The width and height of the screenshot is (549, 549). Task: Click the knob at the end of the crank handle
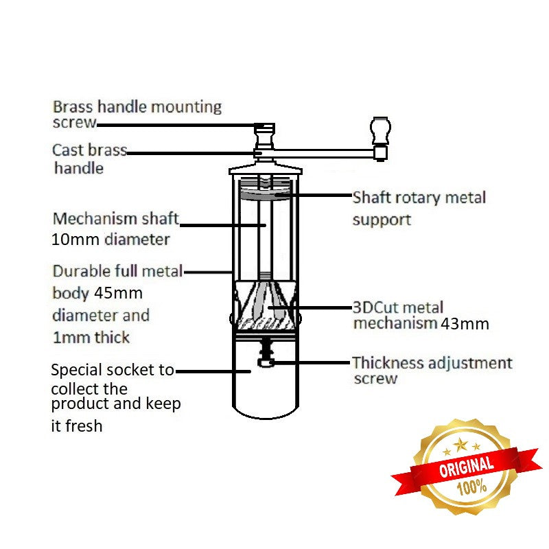[379, 130]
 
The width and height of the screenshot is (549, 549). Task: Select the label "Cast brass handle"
[80, 159]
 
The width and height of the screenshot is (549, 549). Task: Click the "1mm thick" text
[91, 337]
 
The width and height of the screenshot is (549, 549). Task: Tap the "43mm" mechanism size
[465, 323]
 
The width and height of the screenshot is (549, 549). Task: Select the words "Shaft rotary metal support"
[419, 208]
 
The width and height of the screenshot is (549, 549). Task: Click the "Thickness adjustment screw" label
[432, 370]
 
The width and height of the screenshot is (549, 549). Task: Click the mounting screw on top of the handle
[264, 128]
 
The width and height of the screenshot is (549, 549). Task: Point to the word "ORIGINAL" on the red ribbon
[467, 466]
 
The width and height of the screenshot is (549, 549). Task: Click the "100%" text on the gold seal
[471, 488]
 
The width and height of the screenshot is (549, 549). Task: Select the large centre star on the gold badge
[460, 445]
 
